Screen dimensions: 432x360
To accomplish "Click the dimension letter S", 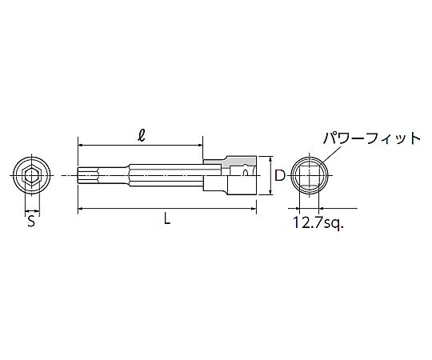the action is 31,221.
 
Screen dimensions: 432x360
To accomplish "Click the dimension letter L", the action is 167,219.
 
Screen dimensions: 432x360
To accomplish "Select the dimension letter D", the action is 280,175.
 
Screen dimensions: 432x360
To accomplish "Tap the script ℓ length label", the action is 142,135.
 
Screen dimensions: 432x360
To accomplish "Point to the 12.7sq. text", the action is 318,222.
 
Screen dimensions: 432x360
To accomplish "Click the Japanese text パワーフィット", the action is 372,138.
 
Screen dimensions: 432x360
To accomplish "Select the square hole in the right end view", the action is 309,176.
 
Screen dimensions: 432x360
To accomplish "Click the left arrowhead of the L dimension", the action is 80,209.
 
